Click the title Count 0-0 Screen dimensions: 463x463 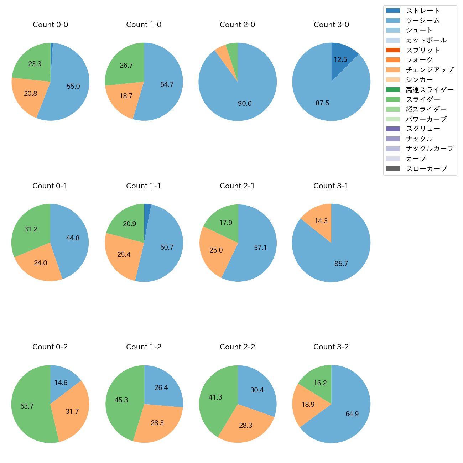(x=50, y=25)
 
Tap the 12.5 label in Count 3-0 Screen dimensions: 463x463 (x=340, y=60)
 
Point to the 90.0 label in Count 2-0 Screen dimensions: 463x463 (x=245, y=104)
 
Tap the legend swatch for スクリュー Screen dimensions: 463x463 (x=393, y=129)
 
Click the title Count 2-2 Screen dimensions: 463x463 (x=237, y=347)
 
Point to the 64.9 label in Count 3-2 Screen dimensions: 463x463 (x=352, y=414)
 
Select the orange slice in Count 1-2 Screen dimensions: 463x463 (x=157, y=424)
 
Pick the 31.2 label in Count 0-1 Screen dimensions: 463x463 (x=31, y=229)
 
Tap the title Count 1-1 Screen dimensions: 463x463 (x=144, y=186)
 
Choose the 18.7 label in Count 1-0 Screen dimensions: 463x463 (x=126, y=96)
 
